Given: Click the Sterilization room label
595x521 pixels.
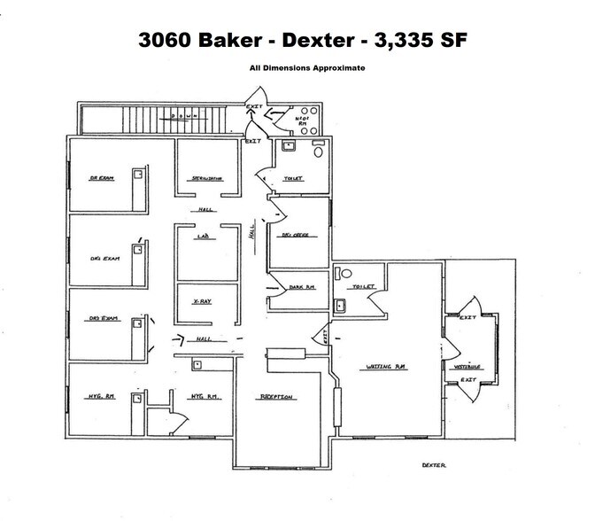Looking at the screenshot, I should (206, 178).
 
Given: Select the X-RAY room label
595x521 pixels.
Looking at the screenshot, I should (203, 301).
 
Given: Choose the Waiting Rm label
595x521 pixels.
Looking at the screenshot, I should (386, 367).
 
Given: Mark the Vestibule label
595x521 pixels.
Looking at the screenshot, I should (467, 364).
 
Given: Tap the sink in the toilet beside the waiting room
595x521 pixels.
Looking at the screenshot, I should (338, 306).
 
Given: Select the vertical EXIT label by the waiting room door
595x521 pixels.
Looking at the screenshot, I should (326, 336).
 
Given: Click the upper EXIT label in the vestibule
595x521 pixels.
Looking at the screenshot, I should (468, 317).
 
